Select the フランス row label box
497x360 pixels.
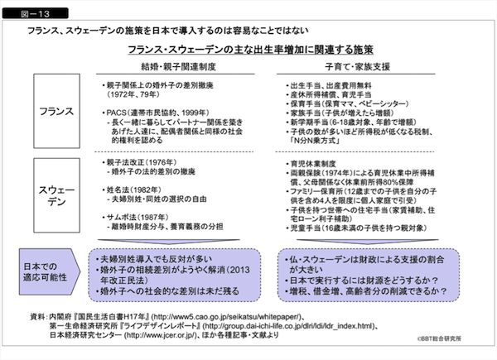click(x=56, y=111)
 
